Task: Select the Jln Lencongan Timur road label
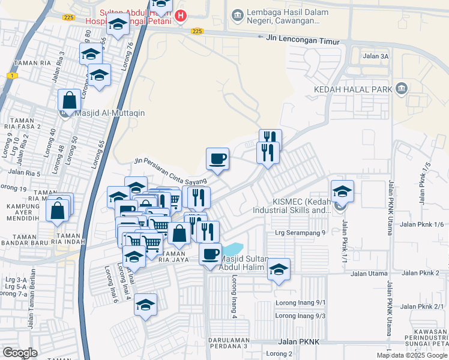click(x=302, y=39)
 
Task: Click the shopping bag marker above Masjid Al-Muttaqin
click(x=69, y=101)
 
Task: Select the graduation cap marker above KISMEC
click(x=342, y=191)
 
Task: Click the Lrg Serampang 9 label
click(x=300, y=233)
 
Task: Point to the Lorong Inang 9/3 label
click(x=300, y=316)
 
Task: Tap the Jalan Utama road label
click(x=367, y=274)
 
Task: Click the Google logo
click(x=20, y=353)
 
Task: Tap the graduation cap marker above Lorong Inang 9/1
click(x=279, y=270)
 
